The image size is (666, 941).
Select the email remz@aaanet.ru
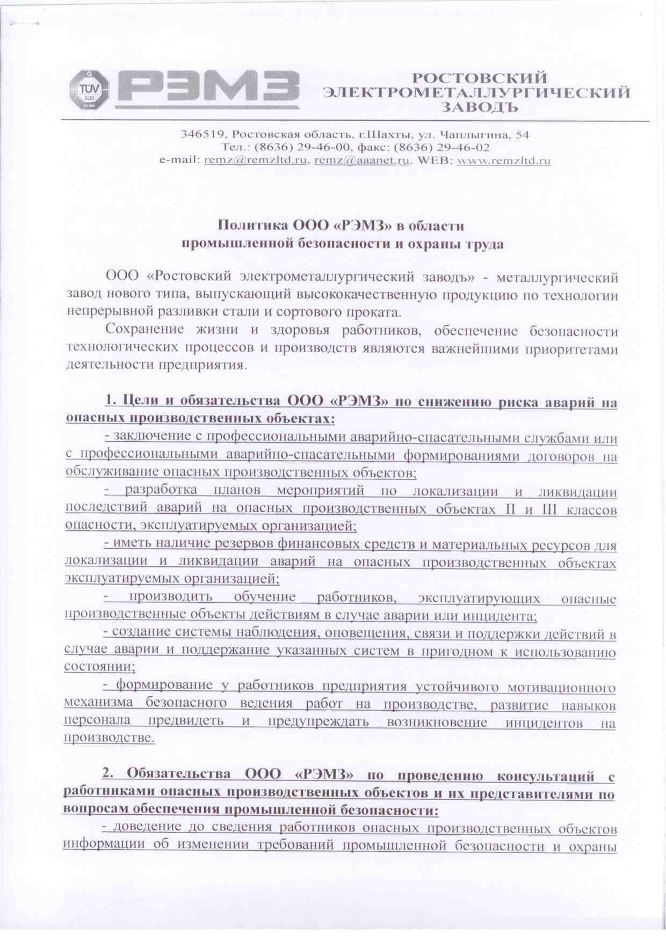[361, 161]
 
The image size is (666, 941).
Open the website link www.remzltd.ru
[503, 161]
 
